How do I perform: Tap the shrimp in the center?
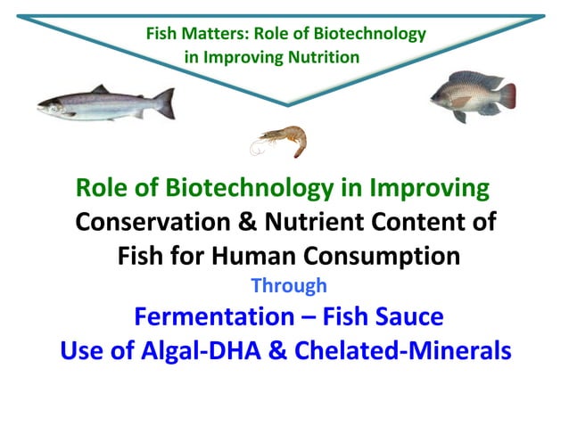284,140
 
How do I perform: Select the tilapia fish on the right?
471,95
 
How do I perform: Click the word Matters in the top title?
215,35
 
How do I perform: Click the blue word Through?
288,287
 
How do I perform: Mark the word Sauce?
409,317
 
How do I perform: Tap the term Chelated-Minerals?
412,350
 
